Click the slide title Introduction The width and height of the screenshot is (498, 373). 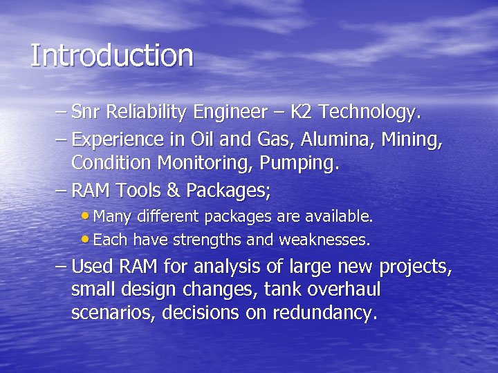[x=111, y=56]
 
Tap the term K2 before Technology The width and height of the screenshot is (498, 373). [x=302, y=112]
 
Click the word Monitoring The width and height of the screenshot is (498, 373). [x=207, y=164]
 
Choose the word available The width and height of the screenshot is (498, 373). [x=338, y=217]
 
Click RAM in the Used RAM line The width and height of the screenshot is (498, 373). [x=138, y=266]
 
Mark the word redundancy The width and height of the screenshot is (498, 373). [x=325, y=314]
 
